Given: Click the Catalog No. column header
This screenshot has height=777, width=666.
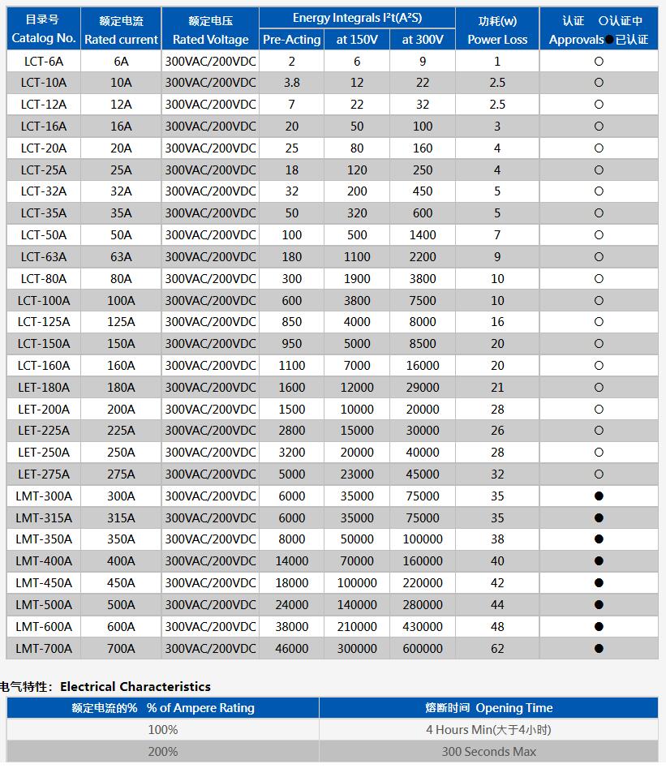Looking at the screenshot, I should coord(44,29).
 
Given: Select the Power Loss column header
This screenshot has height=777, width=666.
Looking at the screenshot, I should coord(497,29).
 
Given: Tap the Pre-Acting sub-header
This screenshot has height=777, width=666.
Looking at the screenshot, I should coord(291,39).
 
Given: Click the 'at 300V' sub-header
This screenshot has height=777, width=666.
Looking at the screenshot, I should coord(423,39).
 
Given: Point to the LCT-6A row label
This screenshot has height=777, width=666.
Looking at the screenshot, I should coord(44,61).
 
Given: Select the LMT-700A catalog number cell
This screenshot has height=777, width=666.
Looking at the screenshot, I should coord(44,648).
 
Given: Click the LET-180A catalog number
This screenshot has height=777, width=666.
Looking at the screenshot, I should coord(44,387).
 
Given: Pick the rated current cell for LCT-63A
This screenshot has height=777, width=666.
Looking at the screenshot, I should coord(121,256).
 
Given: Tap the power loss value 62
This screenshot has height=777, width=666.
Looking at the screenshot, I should coord(497,648).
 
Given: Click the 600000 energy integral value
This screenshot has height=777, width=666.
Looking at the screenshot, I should coord(423,648).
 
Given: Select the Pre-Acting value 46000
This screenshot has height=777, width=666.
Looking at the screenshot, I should coord(291,648).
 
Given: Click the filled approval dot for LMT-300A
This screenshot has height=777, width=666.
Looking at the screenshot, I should coord(599,496).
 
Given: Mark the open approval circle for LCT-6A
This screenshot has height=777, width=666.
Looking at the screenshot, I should coord(599,61).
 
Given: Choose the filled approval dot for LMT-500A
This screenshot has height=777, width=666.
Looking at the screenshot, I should coord(599,604).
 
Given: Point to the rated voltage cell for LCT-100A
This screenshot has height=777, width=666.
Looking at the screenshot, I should coord(210,300).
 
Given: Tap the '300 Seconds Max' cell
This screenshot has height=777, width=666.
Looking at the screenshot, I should coord(488,751).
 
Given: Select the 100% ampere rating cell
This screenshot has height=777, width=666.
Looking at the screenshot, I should coord(162,729).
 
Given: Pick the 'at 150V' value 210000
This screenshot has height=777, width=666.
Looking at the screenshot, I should coord(357,626).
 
